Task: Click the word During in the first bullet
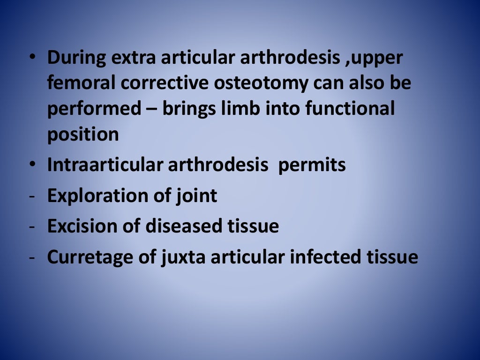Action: click(x=76, y=58)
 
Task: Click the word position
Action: click(x=83, y=135)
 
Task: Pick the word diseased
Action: click(x=183, y=226)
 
